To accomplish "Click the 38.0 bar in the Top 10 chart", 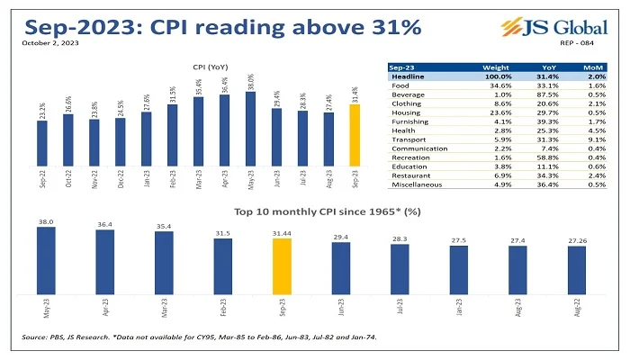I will (46, 261).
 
